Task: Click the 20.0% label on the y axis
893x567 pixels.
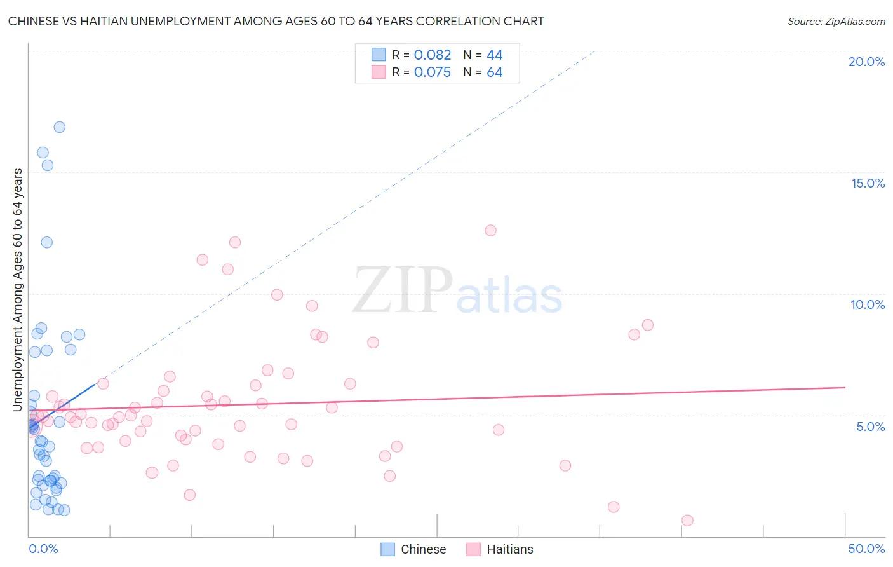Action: pyautogui.click(x=866, y=62)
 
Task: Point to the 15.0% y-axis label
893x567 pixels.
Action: pyautogui.click(x=868, y=183)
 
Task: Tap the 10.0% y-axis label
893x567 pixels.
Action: pyautogui.click(x=868, y=304)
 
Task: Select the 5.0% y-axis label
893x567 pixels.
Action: pyautogui.click(x=870, y=427)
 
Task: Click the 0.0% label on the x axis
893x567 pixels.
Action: pyautogui.click(x=43, y=549)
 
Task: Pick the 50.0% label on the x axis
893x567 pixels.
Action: pyautogui.click(x=866, y=549)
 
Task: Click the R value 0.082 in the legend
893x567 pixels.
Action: pyautogui.click(x=433, y=55)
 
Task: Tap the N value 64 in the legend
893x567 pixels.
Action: pyautogui.click(x=494, y=72)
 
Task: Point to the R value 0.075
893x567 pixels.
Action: pyautogui.click(x=433, y=72)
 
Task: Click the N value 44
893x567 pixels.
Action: pyautogui.click(x=494, y=55)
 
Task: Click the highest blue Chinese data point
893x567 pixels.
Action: pyautogui.click(x=59, y=127)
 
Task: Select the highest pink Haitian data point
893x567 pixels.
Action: pyautogui.click(x=490, y=231)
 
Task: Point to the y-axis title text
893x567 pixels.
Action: pyautogui.click(x=18, y=290)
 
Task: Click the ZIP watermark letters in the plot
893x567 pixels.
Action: pyautogui.click(x=403, y=290)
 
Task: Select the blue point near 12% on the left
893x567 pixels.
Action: pyautogui.click(x=46, y=242)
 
